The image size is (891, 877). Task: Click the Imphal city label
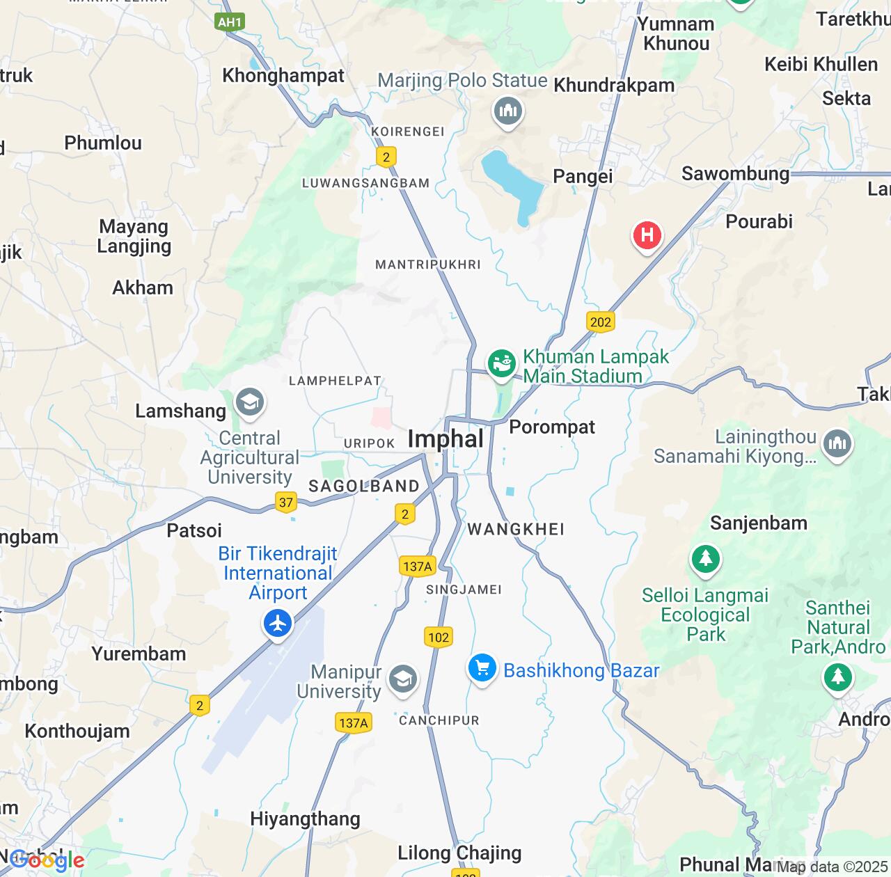click(x=445, y=439)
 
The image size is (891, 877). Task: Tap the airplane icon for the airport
click(x=278, y=623)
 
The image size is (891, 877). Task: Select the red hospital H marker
click(x=647, y=235)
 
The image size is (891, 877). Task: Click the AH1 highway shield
click(x=229, y=22)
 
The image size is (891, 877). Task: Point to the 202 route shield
click(x=600, y=322)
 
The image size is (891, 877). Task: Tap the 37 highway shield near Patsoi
click(x=285, y=502)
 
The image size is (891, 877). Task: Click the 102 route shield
click(x=439, y=637)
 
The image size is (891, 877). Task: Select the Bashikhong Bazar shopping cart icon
click(x=482, y=668)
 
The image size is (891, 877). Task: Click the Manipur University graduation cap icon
click(x=402, y=679)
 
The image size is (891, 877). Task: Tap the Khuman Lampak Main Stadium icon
click(x=501, y=363)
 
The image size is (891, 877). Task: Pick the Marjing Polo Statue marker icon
click(x=508, y=111)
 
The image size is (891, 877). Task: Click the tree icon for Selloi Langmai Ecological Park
click(x=705, y=559)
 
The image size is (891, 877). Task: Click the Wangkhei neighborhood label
click(x=516, y=530)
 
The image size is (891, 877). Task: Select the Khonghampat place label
click(x=283, y=75)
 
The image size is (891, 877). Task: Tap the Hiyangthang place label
click(x=305, y=819)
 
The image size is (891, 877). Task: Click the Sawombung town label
click(x=735, y=173)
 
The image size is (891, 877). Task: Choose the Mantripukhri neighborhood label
click(x=427, y=264)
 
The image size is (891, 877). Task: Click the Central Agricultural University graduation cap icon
click(x=250, y=402)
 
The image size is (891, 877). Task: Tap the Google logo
click(x=47, y=860)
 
